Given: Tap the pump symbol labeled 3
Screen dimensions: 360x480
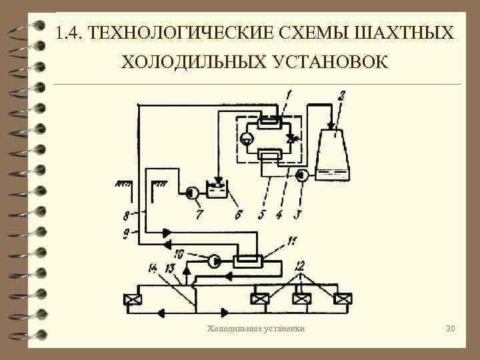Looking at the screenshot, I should coord(301,175).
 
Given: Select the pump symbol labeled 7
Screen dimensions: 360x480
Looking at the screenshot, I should coord(191,193).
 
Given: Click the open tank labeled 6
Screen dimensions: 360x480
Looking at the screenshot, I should coord(217,191).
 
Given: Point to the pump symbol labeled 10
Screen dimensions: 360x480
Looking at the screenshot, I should coord(212,261).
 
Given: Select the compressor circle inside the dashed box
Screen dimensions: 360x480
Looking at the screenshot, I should coord(246,139).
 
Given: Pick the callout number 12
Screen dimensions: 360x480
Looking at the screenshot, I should coord(299,266).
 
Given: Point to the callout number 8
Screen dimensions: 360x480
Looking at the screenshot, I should coord(126,215).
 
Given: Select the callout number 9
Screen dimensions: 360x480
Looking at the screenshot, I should coord(126,233).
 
